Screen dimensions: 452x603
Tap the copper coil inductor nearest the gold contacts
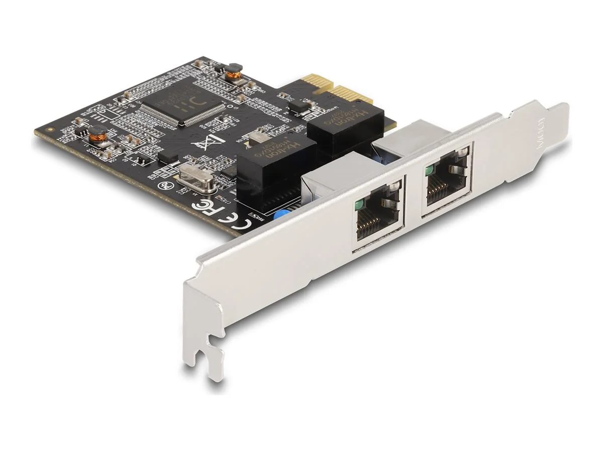pos(232,74)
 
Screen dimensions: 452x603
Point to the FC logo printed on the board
pos(204,206)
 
